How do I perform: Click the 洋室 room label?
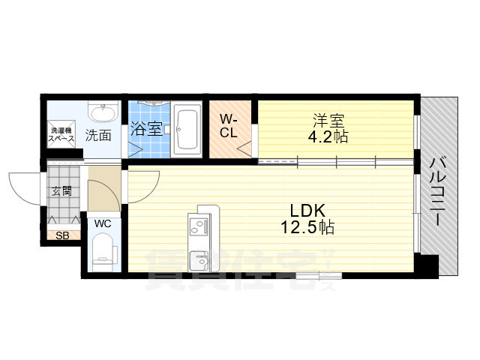point(328,121)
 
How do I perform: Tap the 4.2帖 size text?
point(328,136)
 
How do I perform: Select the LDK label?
point(307,211)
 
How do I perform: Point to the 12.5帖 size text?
point(307,227)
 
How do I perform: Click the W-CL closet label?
point(229,125)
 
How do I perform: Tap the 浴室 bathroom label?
point(146,129)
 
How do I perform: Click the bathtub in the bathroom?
point(187,130)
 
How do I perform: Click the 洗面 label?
point(98,135)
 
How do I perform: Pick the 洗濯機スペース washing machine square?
point(61,134)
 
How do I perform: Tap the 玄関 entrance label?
point(61,191)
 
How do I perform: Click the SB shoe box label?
point(62,235)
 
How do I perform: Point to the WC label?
point(103,223)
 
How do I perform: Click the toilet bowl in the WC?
point(103,252)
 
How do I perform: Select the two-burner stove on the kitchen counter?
point(199,226)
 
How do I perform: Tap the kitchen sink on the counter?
point(199,261)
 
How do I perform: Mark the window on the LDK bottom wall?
point(319,276)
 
